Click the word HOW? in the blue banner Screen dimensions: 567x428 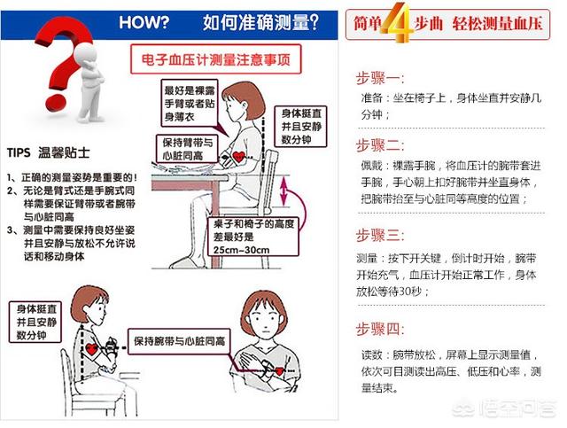tap(144, 22)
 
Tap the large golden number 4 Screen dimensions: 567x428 tap(397, 22)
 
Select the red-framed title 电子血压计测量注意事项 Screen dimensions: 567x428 tap(216, 59)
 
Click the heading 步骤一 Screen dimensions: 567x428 tap(380, 78)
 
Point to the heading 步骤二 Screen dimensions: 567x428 tap(380, 145)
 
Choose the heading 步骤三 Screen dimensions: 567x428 tap(380, 235)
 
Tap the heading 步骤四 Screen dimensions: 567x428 tap(380, 330)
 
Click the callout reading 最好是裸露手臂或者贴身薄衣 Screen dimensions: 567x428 tap(190, 103)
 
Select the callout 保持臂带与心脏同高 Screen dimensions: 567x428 tap(187, 149)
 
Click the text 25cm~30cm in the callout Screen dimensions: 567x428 tap(241, 250)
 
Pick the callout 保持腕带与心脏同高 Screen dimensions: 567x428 tap(179, 341)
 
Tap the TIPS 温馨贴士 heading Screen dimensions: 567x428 tap(48, 152)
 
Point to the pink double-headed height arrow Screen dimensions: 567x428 tap(283, 191)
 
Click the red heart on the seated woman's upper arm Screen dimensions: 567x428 tap(238, 157)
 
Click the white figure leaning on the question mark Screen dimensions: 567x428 tap(89, 82)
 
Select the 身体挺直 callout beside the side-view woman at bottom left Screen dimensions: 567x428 tap(35, 322)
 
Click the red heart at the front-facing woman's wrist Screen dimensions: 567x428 tap(280, 370)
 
